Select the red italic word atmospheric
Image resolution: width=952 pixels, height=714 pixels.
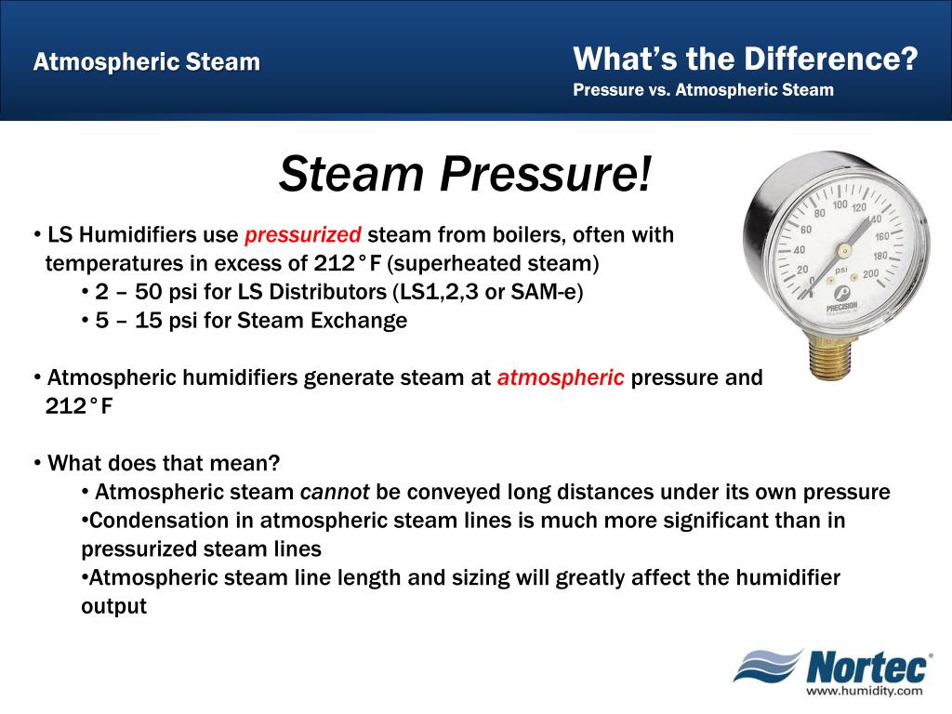(561, 378)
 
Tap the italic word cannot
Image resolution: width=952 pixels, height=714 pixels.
(334, 492)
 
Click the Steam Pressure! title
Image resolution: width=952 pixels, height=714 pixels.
(467, 173)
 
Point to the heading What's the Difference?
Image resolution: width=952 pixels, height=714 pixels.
(746, 59)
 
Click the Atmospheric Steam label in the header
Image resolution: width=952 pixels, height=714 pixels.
(147, 63)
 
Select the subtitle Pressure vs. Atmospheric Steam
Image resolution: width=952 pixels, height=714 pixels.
(703, 90)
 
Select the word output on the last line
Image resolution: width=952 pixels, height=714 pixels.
(113, 606)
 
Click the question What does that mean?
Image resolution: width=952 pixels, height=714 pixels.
(164, 463)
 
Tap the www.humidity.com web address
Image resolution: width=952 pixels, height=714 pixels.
(864, 691)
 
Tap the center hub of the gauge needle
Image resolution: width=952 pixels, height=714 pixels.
(842, 250)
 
